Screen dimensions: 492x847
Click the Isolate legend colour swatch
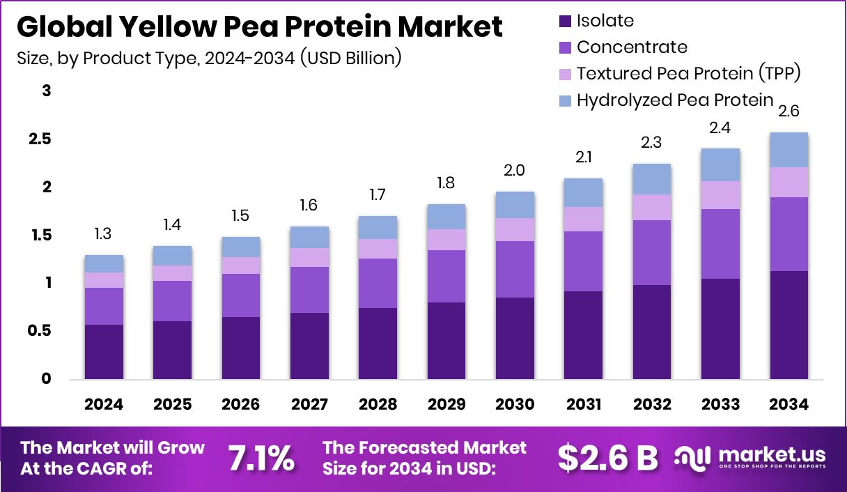[564, 22]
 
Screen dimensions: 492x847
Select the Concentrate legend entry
[632, 47]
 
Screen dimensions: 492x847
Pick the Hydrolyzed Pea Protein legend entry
[675, 100]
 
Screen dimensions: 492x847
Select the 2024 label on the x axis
[104, 405]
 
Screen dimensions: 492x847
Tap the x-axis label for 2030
[515, 405]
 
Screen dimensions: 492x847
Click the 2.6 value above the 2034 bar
[788, 112]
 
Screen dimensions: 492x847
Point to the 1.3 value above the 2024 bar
[104, 234]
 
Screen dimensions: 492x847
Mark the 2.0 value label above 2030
[515, 171]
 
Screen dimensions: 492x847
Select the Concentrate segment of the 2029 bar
[446, 276]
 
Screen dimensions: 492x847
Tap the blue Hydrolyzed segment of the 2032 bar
[651, 179]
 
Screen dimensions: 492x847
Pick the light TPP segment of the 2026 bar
[241, 266]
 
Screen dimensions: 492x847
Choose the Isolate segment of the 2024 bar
[104, 352]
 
